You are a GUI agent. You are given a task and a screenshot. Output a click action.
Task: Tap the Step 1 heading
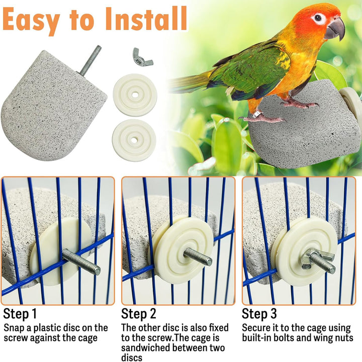(x=20, y=314)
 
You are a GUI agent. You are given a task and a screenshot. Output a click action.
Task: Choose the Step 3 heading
(x=259, y=314)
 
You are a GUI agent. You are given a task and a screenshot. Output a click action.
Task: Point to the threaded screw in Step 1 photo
(x=81, y=262)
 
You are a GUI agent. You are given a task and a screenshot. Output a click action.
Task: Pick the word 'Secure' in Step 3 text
(x=257, y=327)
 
